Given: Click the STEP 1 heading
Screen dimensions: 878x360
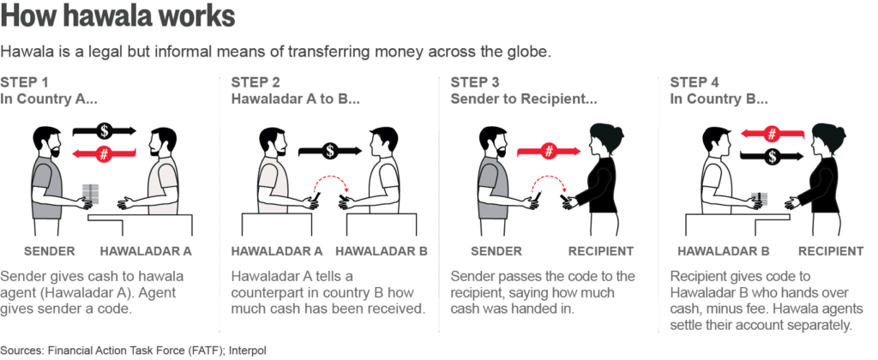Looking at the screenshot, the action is pyautogui.click(x=24, y=83).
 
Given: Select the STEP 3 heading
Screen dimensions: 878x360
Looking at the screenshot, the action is pyautogui.click(x=475, y=83).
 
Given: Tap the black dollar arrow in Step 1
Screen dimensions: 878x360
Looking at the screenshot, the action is pyautogui.click(x=105, y=131).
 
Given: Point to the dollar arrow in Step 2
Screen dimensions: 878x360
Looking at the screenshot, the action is pyautogui.click(x=330, y=150).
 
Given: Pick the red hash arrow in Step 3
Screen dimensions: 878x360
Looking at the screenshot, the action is pyautogui.click(x=550, y=150).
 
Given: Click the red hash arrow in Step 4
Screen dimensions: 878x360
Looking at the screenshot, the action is pyautogui.click(x=773, y=134).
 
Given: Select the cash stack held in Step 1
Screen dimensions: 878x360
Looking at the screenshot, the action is pyautogui.click(x=90, y=193).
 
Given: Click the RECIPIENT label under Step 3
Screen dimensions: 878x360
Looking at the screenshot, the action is pyautogui.click(x=601, y=251).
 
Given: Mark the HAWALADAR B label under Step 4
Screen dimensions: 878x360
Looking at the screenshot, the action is pyautogui.click(x=723, y=251).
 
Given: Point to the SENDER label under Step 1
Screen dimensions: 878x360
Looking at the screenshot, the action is pyautogui.click(x=49, y=251).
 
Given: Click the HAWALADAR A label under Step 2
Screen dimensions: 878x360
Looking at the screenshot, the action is pyautogui.click(x=277, y=251).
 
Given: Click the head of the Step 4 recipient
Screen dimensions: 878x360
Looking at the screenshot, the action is pyautogui.click(x=829, y=140).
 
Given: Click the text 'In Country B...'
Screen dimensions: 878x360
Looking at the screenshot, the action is pyautogui.click(x=719, y=99).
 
